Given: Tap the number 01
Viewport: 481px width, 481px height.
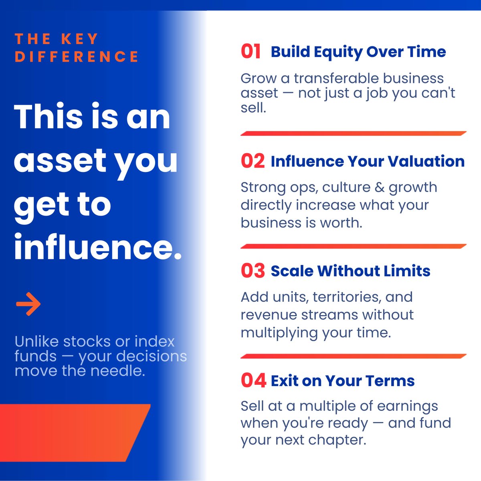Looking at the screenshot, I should (x=251, y=52).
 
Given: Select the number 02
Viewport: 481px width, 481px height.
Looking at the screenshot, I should (x=253, y=161).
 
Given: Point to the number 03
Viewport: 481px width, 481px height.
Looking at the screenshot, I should (x=253, y=271).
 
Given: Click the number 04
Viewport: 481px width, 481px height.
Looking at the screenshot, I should (x=253, y=380).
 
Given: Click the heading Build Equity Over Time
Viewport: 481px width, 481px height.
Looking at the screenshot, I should (x=358, y=52).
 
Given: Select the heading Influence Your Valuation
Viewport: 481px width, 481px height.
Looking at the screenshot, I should (x=368, y=161).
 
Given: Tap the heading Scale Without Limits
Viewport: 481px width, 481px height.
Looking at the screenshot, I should (x=350, y=271).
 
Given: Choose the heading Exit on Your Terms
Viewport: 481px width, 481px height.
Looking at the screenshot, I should (x=343, y=380).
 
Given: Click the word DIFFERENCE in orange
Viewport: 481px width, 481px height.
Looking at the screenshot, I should (x=77, y=57).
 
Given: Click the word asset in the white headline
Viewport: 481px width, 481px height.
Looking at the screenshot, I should (x=60, y=160).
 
